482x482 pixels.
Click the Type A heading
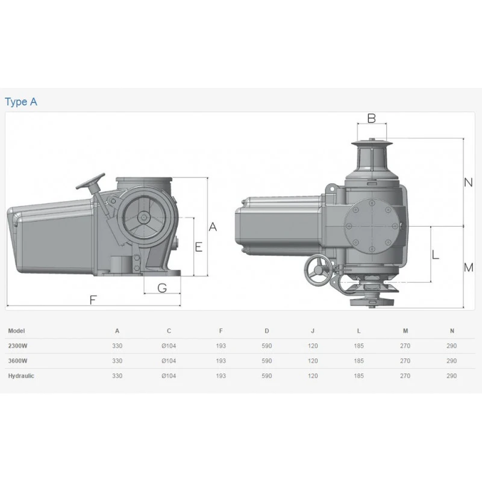click(21, 102)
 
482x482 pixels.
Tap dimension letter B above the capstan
click(372, 118)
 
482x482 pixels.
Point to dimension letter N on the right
click(468, 183)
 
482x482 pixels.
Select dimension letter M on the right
click(469, 268)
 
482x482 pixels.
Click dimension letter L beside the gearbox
click(435, 254)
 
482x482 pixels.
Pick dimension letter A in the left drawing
click(213, 227)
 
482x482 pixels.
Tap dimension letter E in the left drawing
click(199, 247)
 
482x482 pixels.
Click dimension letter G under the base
click(162, 288)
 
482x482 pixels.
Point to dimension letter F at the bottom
click(93, 299)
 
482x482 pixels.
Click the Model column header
click(17, 331)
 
